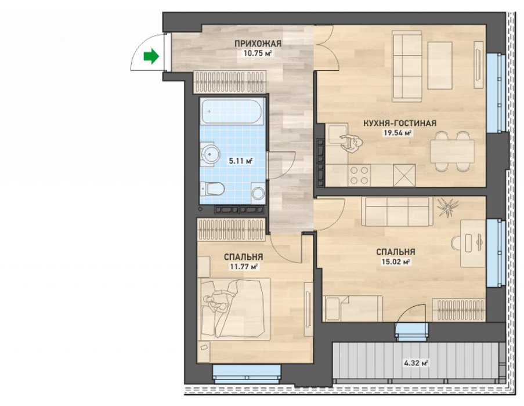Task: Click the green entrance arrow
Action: click(151, 56)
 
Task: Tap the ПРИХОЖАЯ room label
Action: click(258, 43)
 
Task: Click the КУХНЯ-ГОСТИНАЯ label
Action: click(400, 123)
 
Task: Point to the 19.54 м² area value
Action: click(397, 133)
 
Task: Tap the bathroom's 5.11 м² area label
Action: click(240, 161)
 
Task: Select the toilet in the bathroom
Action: click(212, 189)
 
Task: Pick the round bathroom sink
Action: click(210, 154)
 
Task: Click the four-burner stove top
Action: click(359, 176)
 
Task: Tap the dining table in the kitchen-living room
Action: click(452, 151)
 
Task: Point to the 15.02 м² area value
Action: click(396, 262)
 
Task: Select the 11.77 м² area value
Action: click(243, 267)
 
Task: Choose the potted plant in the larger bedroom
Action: click(447, 207)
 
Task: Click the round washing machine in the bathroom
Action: click(258, 193)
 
